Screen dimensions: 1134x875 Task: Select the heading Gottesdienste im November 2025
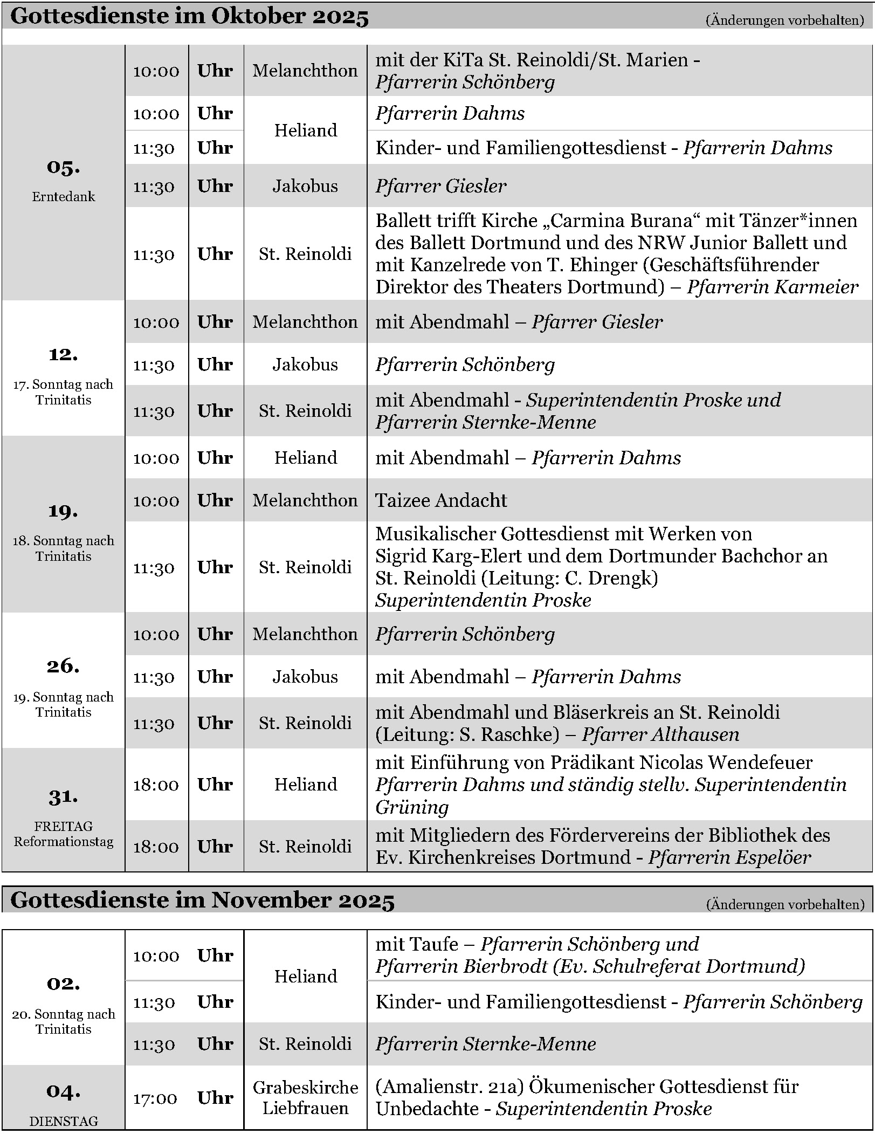point(202,901)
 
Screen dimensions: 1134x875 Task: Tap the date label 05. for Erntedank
point(63,167)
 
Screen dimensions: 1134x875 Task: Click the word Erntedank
point(63,197)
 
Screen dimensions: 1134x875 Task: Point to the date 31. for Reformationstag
point(63,796)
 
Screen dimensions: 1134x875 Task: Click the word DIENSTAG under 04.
point(63,1122)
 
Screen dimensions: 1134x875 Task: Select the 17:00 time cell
point(155,1098)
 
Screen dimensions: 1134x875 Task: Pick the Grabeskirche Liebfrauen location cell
point(305,1098)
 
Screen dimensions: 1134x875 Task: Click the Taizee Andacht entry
point(441,500)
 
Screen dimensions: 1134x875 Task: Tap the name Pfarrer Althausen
point(660,734)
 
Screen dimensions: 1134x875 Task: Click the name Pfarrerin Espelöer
point(729,857)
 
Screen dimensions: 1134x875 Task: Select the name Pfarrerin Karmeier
point(773,287)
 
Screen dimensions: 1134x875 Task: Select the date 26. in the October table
point(63,666)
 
